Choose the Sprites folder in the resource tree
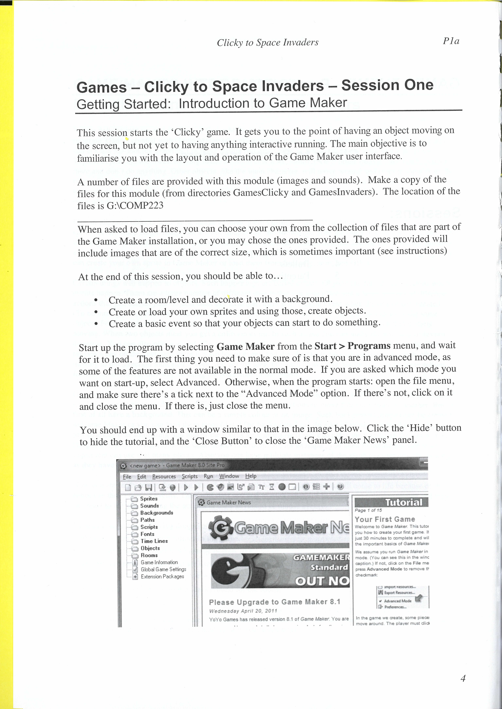[149, 499]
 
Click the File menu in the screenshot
[127, 477]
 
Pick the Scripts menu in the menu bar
[190, 476]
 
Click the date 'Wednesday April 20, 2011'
[243, 611]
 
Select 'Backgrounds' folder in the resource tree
[156, 513]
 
